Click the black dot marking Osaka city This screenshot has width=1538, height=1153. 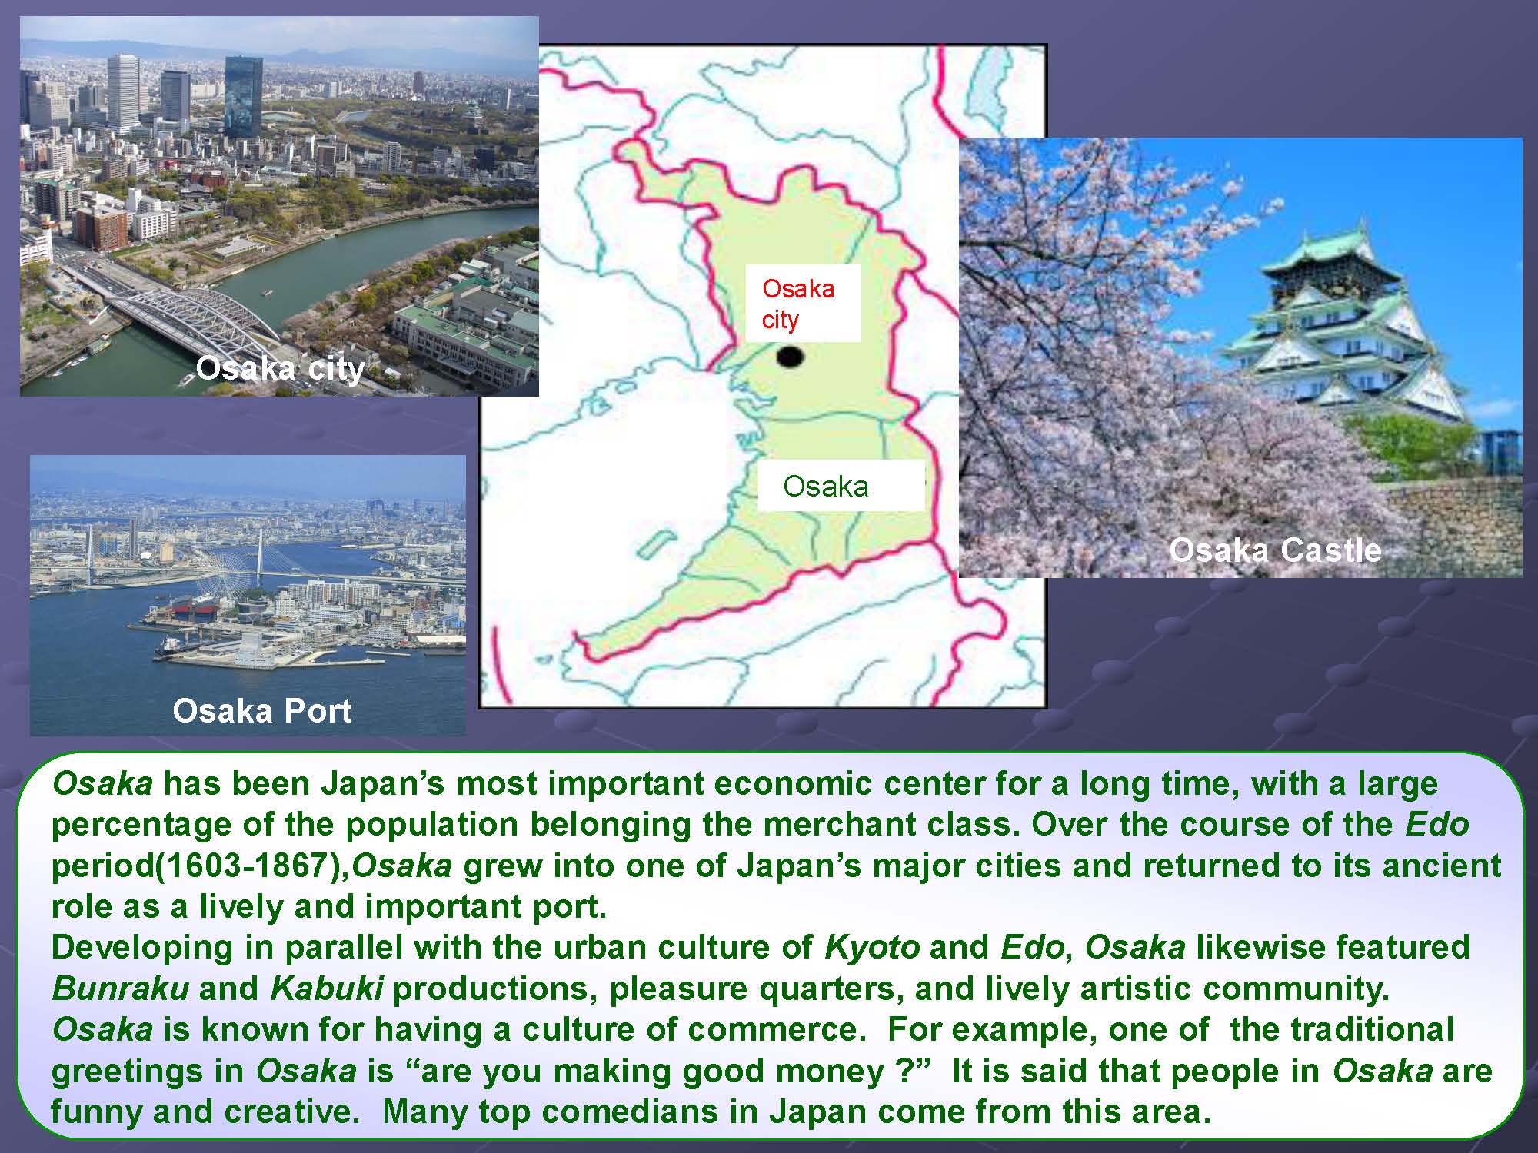[x=790, y=357]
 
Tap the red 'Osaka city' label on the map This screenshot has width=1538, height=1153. [x=798, y=304]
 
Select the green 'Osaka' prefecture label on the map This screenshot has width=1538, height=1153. [x=826, y=486]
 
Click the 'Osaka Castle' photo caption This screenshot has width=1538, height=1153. [x=1275, y=550]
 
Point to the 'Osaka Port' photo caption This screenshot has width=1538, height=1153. [x=262, y=711]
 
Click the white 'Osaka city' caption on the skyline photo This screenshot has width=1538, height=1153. [x=280, y=369]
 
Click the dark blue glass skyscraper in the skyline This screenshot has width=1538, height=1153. [x=243, y=97]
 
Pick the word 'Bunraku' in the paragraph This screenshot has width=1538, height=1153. [x=120, y=989]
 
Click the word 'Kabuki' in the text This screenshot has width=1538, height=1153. [x=327, y=989]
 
